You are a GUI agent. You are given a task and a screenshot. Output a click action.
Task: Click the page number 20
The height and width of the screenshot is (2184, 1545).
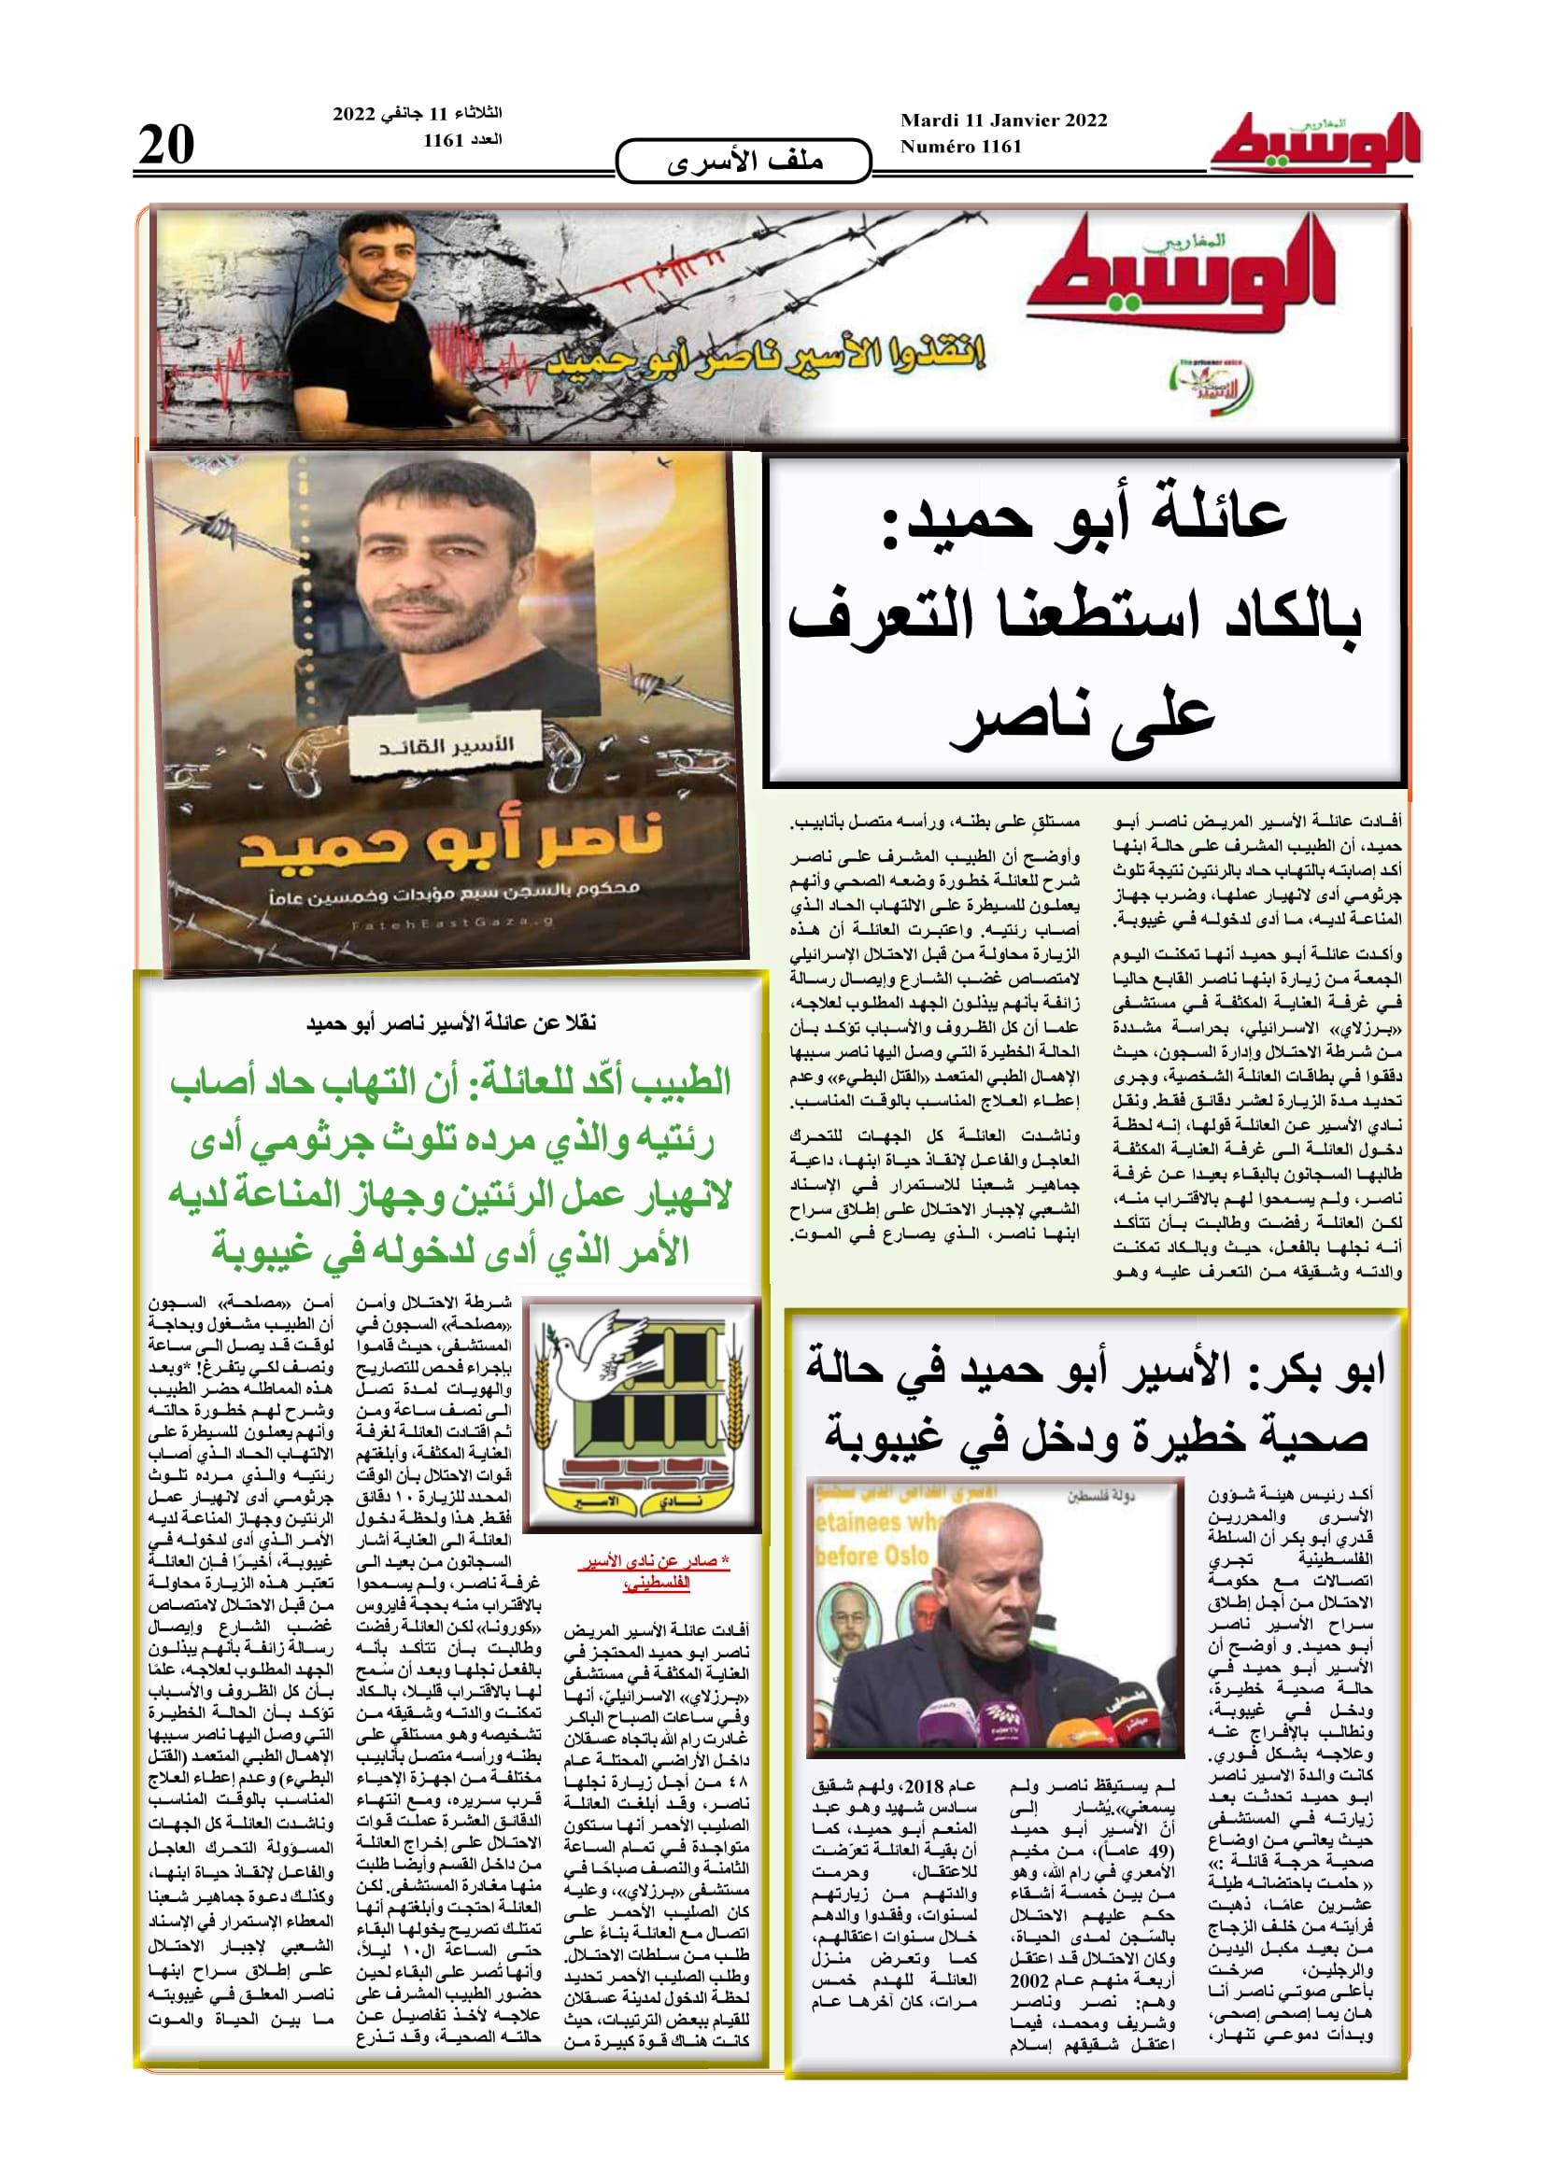pyautogui.click(x=166, y=145)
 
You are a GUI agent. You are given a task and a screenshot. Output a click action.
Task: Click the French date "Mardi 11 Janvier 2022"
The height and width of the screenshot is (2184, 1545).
pyautogui.click(x=1003, y=120)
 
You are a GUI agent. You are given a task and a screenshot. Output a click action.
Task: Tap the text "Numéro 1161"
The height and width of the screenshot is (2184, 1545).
pyautogui.click(x=961, y=147)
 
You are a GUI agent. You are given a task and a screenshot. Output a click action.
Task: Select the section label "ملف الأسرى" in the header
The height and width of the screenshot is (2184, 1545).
pyautogui.click(x=744, y=162)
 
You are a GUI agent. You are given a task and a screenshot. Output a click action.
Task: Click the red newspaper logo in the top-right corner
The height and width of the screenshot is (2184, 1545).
pyautogui.click(x=1315, y=145)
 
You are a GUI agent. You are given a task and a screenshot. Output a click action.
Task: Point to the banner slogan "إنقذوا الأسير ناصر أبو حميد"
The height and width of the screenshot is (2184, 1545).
pyautogui.click(x=767, y=357)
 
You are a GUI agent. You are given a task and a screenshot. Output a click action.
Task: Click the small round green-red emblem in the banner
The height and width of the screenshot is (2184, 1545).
pyautogui.click(x=1209, y=384)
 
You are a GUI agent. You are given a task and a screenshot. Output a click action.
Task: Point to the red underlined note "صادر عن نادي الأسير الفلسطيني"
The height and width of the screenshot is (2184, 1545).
pyautogui.click(x=654, y=1571)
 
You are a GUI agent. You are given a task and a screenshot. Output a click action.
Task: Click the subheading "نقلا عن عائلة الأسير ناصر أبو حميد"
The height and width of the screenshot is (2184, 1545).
pyautogui.click(x=451, y=1023)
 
